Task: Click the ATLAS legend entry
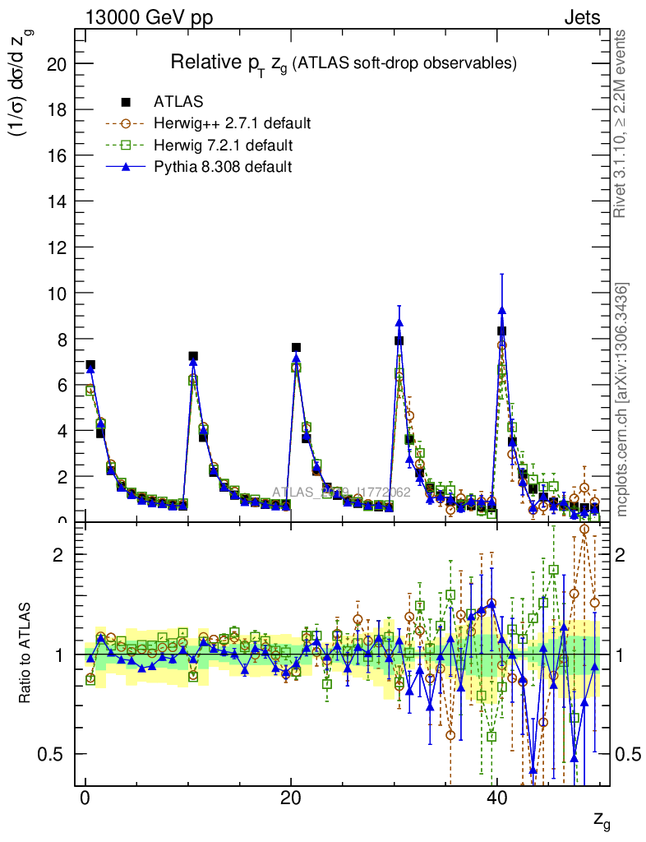(178, 102)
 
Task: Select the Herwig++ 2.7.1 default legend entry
(232, 124)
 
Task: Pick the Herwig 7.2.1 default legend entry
(224, 146)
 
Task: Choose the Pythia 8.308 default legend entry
(223, 167)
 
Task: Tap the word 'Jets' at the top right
(582, 17)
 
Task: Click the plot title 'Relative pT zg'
(343, 62)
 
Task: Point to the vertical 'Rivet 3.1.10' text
(621, 123)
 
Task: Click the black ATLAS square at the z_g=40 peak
(501, 331)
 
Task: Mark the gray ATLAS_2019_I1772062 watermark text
(341, 493)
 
